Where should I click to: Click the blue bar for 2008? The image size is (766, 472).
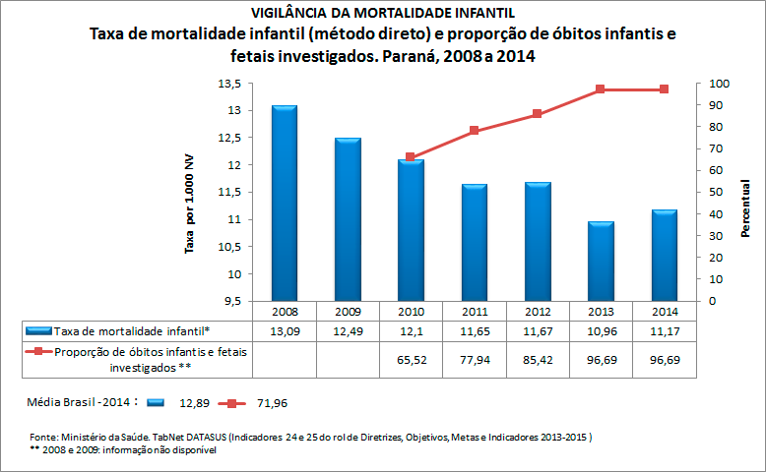[x=285, y=202]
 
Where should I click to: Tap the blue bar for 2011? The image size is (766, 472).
[x=475, y=242]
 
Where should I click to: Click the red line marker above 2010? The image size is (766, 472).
[x=411, y=157]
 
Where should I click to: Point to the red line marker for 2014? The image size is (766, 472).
[x=665, y=89]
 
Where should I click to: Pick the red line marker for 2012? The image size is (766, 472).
[x=538, y=114]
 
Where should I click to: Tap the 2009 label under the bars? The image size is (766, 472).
[x=348, y=312]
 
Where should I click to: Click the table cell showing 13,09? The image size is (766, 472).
[x=285, y=330]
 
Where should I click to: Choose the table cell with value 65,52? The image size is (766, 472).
[x=411, y=361]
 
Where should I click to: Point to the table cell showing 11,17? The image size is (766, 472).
[x=665, y=330]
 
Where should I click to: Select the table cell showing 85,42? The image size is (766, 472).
[x=538, y=361]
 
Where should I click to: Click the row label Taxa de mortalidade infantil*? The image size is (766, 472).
[x=132, y=330]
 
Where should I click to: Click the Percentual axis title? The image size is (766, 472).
[x=745, y=207]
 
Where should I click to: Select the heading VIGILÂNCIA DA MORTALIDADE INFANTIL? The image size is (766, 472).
[x=382, y=13]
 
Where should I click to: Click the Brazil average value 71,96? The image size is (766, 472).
[x=270, y=403]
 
